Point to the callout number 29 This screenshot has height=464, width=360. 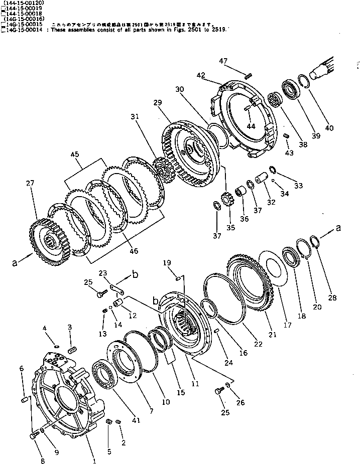(x=158, y=102)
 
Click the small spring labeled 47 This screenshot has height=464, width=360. (x=248, y=75)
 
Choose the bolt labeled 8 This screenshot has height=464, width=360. (x=33, y=436)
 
